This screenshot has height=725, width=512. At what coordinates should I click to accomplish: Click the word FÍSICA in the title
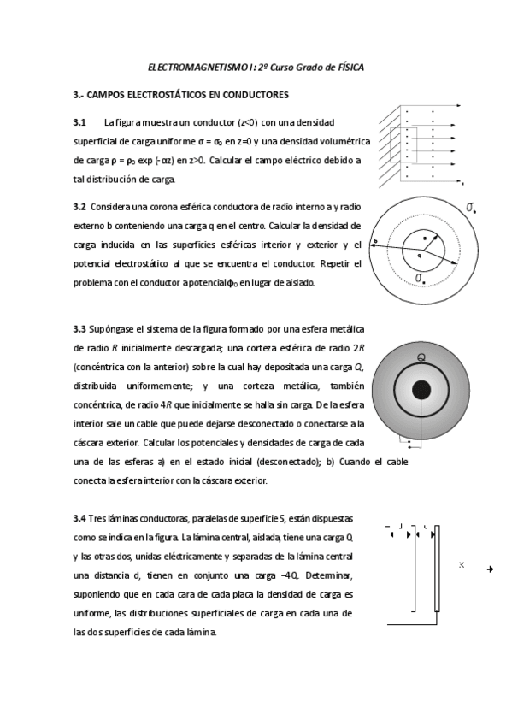tap(350, 68)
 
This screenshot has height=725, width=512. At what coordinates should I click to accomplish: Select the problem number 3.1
tap(79, 123)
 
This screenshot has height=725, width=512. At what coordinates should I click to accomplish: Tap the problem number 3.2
tap(79, 207)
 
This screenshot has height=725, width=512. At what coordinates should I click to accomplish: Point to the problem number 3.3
tap(79, 330)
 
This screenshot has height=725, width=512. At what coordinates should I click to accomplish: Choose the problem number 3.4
tap(79, 519)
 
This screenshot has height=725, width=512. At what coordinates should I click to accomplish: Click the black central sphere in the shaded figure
tap(421, 389)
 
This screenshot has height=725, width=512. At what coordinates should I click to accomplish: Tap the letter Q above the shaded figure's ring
tap(421, 357)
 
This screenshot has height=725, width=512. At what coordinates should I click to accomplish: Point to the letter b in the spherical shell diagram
tap(376, 241)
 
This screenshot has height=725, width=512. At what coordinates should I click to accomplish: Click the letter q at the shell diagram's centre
tap(420, 255)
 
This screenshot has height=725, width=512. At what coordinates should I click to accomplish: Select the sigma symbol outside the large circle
tap(471, 208)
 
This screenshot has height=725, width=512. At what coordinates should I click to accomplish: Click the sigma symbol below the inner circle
tap(420, 277)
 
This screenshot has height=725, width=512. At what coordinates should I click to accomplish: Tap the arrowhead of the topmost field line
tap(458, 106)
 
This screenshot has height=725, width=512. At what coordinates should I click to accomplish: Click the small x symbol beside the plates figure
tap(462, 564)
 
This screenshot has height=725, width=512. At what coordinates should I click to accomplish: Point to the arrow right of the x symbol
tap(491, 569)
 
